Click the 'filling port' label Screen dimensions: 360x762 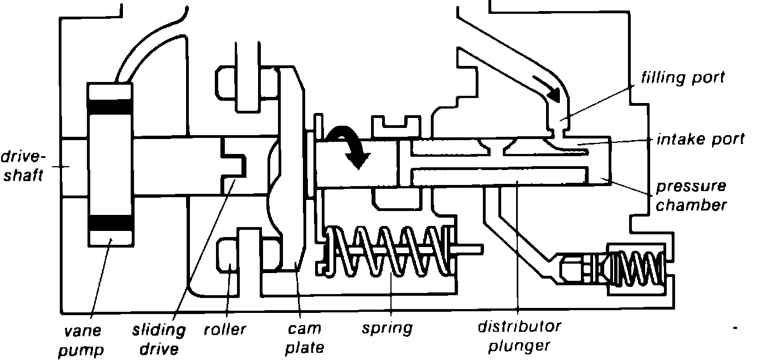pos(682,78)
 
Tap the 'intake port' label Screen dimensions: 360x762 pos(701,138)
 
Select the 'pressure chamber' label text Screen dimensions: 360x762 pos(691,196)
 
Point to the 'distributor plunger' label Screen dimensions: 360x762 pos(519,336)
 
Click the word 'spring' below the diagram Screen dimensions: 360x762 pos(387,328)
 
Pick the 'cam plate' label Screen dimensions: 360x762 pos(305,338)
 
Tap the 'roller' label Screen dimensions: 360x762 pos(225,329)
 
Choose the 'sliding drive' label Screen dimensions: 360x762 pos(159,340)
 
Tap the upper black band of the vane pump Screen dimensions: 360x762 pos(110,106)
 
